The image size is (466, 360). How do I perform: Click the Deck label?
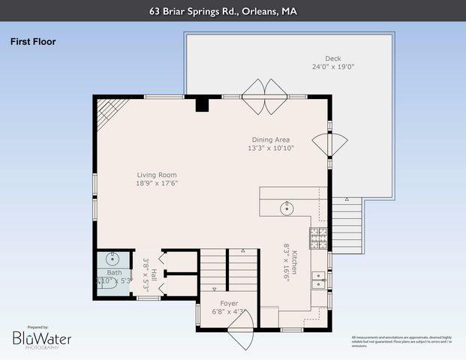click(x=333, y=58)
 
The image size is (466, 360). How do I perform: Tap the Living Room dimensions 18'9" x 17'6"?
click(x=156, y=184)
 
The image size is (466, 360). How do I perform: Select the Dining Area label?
click(x=272, y=139)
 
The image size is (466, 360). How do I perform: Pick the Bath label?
click(x=113, y=273)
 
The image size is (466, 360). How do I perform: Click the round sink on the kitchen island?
click(x=286, y=208)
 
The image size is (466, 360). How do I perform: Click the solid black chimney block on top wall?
click(x=201, y=104)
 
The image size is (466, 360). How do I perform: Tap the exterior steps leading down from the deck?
click(x=347, y=220)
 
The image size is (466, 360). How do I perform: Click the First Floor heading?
click(x=33, y=42)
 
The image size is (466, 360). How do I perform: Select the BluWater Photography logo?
click(x=42, y=339)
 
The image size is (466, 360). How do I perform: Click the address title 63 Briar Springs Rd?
click(x=233, y=10)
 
